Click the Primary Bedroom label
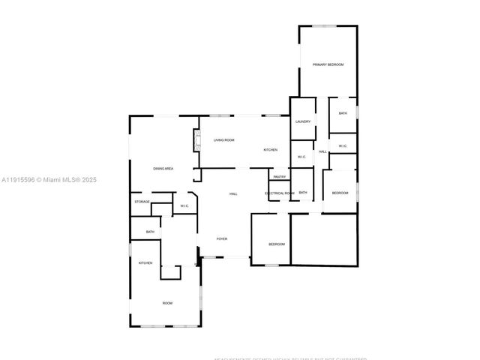pyautogui.click(x=328, y=65)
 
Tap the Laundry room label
pyautogui.click(x=303, y=121)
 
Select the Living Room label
pyautogui.click(x=223, y=140)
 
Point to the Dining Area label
pyautogui.click(x=163, y=169)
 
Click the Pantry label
pyautogui.click(x=279, y=177)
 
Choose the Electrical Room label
pyautogui.click(x=279, y=193)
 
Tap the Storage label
pyautogui.click(x=142, y=202)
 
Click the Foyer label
pyautogui.click(x=222, y=238)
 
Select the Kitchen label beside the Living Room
pyautogui.click(x=270, y=150)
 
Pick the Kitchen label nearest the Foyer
pyautogui.click(x=145, y=262)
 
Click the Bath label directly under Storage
pyautogui.click(x=150, y=232)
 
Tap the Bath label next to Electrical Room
pyautogui.click(x=303, y=193)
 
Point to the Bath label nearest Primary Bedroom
pyautogui.click(x=343, y=113)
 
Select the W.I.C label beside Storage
pyautogui.click(x=184, y=206)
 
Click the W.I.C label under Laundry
pyautogui.click(x=301, y=157)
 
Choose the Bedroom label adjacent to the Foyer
pyautogui.click(x=277, y=244)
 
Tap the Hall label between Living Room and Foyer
pyautogui.click(x=233, y=194)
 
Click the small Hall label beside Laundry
pyautogui.click(x=322, y=151)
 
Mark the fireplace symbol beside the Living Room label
pyautogui.click(x=198, y=141)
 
